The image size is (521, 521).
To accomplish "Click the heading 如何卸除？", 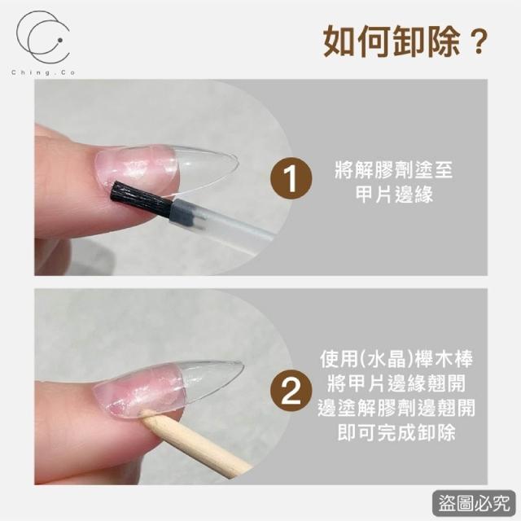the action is coord(405,42).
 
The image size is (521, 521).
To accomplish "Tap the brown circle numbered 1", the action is coord(291,179).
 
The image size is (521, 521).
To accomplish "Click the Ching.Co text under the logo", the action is coord(43,72).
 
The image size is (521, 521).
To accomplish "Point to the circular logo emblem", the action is coord(43,37).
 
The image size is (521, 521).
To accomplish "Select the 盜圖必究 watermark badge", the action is coord(474,503).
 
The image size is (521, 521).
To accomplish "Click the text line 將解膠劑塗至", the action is coord(394,170).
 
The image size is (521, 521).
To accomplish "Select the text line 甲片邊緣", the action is coord(394,195).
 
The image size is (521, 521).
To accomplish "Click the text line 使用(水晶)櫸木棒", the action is coord(396,359).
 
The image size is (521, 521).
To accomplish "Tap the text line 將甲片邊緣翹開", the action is coord(396,383).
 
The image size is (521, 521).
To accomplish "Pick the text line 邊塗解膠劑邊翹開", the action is coord(396,408).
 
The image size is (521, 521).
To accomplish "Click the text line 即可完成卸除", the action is coord(396,432).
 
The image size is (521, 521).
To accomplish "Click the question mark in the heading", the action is coord(479,42).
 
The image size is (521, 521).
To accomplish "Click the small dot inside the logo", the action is coord(60,40).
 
